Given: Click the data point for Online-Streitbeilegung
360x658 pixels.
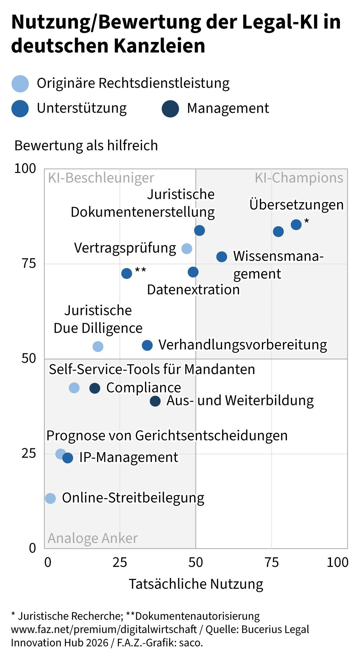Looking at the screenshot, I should (x=51, y=498).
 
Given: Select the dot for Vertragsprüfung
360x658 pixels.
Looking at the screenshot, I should (x=187, y=248).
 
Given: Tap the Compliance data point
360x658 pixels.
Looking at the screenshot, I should (x=95, y=388).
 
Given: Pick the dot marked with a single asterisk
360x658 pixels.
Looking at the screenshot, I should (x=296, y=225).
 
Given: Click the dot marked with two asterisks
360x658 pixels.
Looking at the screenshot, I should (x=127, y=273).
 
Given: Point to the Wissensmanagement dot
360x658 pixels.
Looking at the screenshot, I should (x=222, y=257).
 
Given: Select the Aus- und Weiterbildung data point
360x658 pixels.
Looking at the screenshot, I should (x=155, y=401).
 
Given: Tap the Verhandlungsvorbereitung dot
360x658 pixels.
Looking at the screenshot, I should (x=147, y=345).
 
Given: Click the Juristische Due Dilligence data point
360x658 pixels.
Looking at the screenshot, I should (x=98, y=346).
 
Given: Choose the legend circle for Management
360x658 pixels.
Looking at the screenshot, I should (x=170, y=109).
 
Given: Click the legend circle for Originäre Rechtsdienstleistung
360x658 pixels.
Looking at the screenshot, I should (x=20, y=84).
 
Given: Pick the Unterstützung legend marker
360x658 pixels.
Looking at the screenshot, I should (x=20, y=109).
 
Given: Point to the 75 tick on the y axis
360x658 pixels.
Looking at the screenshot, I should (x=29, y=263).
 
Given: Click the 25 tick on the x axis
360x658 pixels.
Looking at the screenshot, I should (x=120, y=562).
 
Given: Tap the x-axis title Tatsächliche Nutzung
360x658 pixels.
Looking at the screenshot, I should (x=196, y=584).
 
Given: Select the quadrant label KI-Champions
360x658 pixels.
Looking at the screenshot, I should (x=299, y=178).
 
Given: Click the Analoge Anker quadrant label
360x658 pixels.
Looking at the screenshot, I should (x=93, y=538).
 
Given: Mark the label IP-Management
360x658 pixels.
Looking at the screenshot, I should (x=129, y=457).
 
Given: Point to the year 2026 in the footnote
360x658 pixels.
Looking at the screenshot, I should (x=97, y=643).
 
